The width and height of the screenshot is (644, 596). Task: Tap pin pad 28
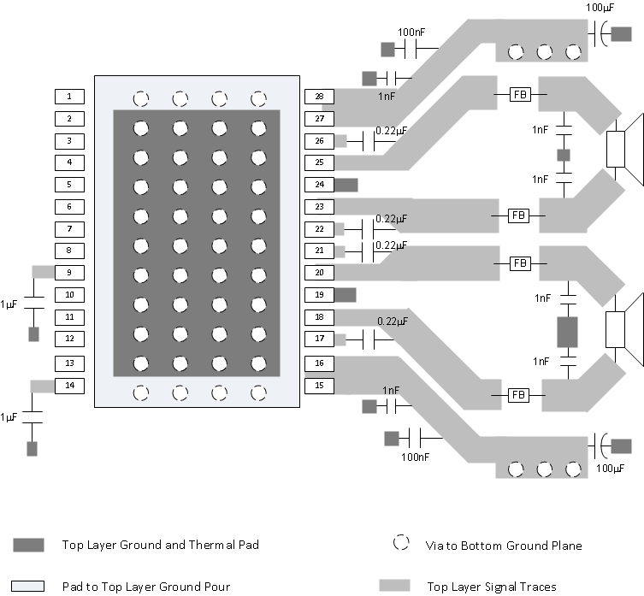coord(318,97)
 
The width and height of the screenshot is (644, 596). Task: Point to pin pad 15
coord(318,386)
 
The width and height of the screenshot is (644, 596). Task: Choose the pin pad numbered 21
coord(318,251)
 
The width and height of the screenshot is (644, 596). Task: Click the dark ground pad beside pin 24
coord(345,184)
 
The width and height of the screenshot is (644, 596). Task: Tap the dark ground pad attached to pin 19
coord(345,295)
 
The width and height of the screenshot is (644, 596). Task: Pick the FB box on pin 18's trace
coord(518,395)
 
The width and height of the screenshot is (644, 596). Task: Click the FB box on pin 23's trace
coord(518,215)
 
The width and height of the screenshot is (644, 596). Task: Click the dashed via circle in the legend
coord(399,544)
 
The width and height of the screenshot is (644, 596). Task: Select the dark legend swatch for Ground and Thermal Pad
coord(28,545)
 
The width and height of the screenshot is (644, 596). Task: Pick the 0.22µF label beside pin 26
coord(391,131)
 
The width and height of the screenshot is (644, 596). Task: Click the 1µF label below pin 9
coord(9,304)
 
